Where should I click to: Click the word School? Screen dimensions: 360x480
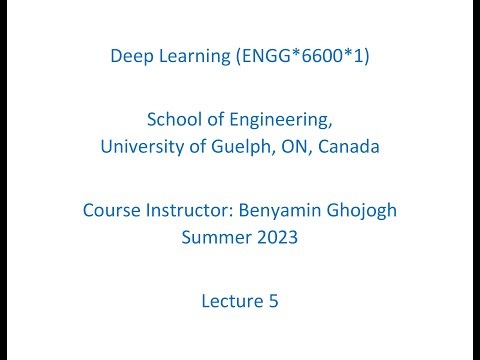coord(174,120)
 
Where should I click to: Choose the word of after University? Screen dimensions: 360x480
coord(190,147)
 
